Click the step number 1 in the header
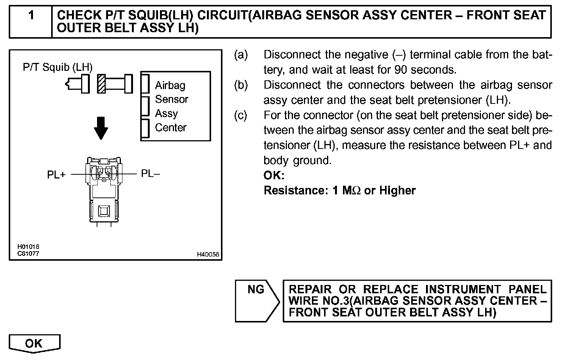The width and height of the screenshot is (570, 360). coord(31,16)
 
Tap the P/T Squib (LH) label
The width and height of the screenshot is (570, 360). coord(58,67)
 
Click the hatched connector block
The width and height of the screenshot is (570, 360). coord(101,84)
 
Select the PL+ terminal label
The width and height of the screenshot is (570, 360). coord(56,175)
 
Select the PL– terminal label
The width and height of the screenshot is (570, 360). coord(150,174)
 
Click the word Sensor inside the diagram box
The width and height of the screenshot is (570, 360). coord(171,99)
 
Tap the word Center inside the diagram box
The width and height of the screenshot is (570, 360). coord(171,127)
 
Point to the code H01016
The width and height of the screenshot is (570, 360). coord(28,247)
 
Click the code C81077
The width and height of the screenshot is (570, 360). coord(28,254)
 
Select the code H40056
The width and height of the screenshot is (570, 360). coord(208,255)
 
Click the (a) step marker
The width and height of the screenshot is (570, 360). coord(241,55)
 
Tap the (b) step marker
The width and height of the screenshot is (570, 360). coord(241,85)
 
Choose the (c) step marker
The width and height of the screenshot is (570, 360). coord(241,115)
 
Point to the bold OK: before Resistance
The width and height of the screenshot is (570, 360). coord(274,175)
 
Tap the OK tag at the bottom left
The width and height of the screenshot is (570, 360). coord(34,343)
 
